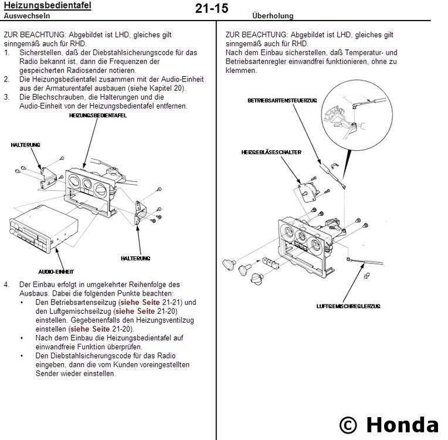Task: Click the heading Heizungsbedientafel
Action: click(47, 6)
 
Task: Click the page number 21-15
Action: click(211, 9)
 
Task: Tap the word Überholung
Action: click(273, 16)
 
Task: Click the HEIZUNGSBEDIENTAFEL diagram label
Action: click(98, 116)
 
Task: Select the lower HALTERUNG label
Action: click(135, 258)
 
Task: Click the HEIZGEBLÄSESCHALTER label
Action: click(271, 152)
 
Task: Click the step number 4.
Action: click(6, 284)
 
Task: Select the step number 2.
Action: click(6, 78)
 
